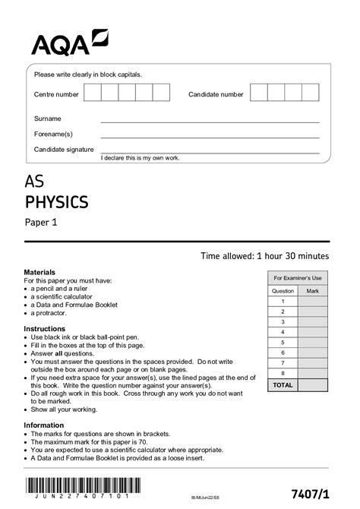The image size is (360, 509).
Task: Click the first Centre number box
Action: coord(92,93)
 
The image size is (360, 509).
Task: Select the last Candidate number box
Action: coord(311,93)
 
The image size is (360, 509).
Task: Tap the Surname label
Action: coord(47,119)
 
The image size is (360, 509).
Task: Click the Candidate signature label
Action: coord(64,149)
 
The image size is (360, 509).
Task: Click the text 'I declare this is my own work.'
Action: coord(140,157)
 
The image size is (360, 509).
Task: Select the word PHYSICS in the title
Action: coord(57,202)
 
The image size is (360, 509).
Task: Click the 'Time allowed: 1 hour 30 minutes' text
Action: coord(264,256)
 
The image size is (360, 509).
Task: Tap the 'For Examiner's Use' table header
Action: coord(298,278)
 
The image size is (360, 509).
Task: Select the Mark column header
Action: coord(313,290)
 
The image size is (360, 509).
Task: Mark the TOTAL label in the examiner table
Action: coord(283,385)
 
